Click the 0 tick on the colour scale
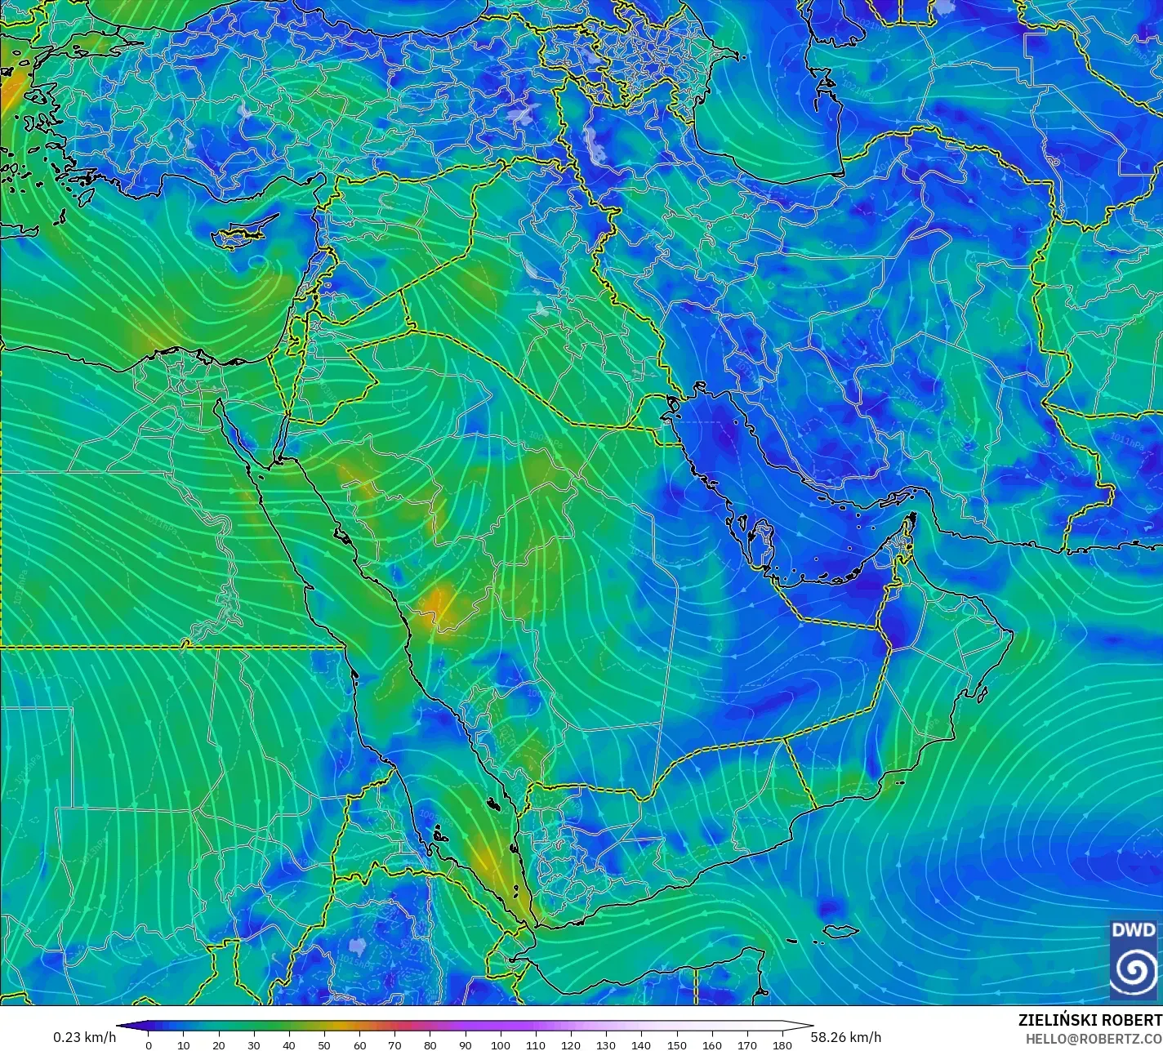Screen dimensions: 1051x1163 tap(148, 1044)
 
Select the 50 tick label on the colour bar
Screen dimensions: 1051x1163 tap(324, 1044)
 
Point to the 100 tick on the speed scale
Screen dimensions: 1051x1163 tap(501, 1044)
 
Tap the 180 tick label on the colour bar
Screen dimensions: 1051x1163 tap(782, 1044)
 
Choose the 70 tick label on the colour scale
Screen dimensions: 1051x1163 tap(394, 1044)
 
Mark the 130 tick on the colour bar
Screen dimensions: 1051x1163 tap(606, 1044)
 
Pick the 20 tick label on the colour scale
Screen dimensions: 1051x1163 tap(218, 1044)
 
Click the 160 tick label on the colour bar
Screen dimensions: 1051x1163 tap(712, 1044)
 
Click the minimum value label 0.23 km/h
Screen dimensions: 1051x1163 tap(85, 1037)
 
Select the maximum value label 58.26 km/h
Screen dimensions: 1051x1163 tap(845, 1037)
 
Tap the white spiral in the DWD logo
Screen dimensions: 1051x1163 tap(1134, 969)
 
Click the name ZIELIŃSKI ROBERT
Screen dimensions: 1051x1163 tap(1089, 1021)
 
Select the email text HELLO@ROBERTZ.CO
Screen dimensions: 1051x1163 tap(1094, 1038)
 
